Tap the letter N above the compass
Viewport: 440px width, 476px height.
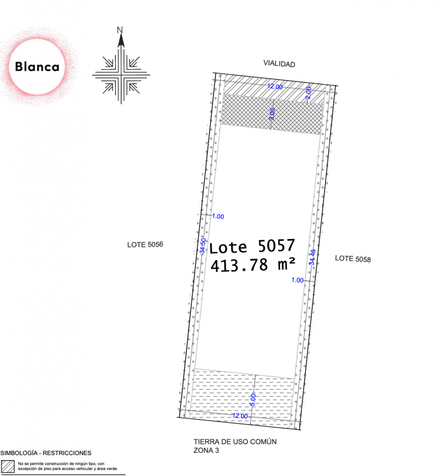tap(120, 30)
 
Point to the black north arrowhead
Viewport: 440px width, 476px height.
tap(121, 40)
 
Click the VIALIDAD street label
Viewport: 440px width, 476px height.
tap(279, 64)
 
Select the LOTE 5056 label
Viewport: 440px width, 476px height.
tap(145, 244)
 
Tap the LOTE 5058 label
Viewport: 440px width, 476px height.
tap(353, 259)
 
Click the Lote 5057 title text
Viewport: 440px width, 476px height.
tap(252, 246)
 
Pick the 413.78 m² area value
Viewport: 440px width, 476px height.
tap(253, 264)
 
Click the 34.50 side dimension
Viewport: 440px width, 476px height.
tap(203, 246)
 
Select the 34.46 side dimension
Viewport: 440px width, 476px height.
tap(312, 257)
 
